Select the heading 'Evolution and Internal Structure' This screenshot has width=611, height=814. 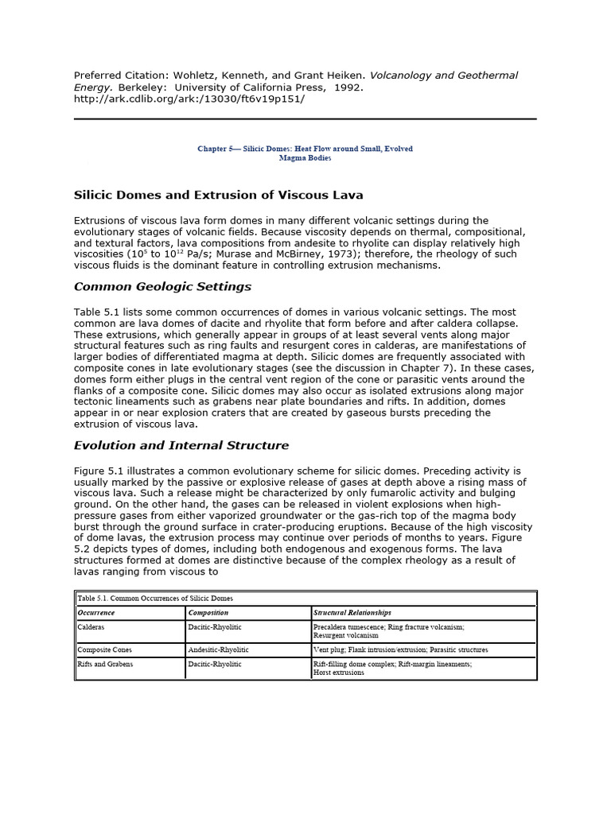(x=181, y=445)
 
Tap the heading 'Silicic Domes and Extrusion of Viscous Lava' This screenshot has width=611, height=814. (x=219, y=195)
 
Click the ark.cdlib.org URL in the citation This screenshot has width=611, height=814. (x=189, y=99)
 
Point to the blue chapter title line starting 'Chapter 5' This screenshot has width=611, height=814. (x=305, y=149)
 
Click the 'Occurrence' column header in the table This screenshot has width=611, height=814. (x=96, y=613)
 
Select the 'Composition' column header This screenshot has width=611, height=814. (x=208, y=613)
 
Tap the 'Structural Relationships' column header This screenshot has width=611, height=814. (x=352, y=613)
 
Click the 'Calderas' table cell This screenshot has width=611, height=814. (x=91, y=627)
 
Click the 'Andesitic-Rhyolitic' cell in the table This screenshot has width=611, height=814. (x=219, y=649)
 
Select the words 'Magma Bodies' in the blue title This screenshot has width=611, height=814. (x=305, y=158)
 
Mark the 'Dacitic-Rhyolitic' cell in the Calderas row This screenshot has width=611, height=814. (x=216, y=627)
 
